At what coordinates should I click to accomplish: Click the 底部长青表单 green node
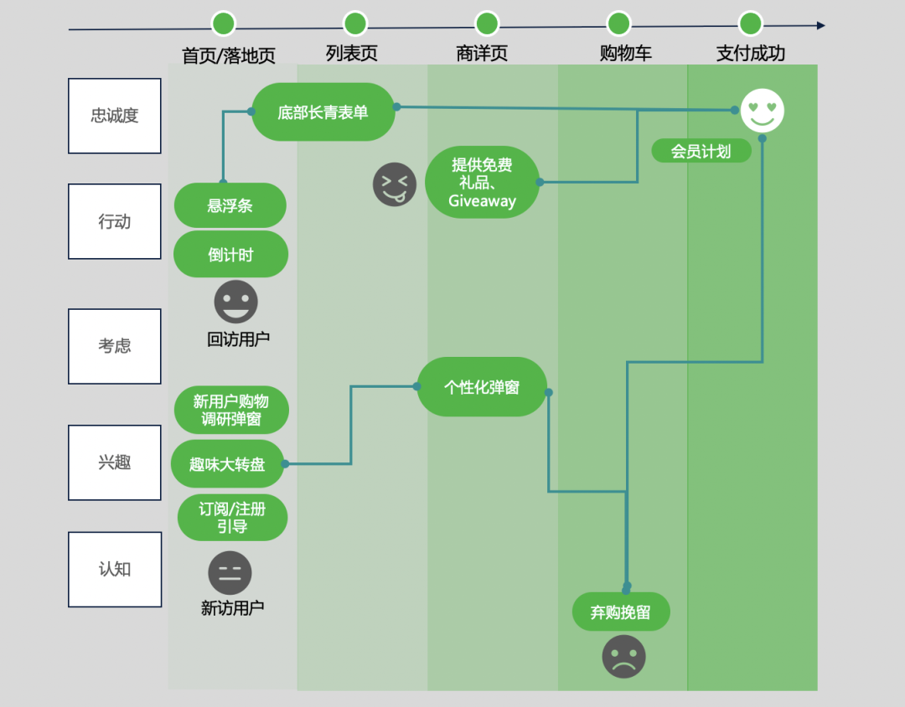tap(323, 111)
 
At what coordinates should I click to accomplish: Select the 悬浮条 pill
tap(230, 205)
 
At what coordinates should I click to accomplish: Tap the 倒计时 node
tap(230, 255)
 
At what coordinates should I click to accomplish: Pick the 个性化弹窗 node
tap(482, 387)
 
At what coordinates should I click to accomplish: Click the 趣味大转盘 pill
tap(227, 464)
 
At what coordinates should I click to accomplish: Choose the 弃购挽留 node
tap(621, 612)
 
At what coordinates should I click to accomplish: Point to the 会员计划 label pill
tap(701, 152)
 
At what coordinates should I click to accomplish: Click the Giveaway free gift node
tap(482, 183)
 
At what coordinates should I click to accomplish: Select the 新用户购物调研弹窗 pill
tap(231, 410)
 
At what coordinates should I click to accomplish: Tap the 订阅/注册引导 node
tap(232, 518)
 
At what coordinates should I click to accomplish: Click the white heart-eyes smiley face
tap(762, 111)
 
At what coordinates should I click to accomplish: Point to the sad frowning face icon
tap(623, 656)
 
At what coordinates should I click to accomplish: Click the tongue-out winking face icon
tap(395, 184)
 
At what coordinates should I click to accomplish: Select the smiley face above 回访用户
tap(235, 302)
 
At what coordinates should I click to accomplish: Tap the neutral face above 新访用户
tap(230, 574)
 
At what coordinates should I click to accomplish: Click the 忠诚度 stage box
tap(115, 116)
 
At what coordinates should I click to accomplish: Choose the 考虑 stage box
tap(115, 346)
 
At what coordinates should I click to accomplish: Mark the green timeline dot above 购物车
tap(618, 23)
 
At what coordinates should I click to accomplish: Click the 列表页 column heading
tap(352, 54)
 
